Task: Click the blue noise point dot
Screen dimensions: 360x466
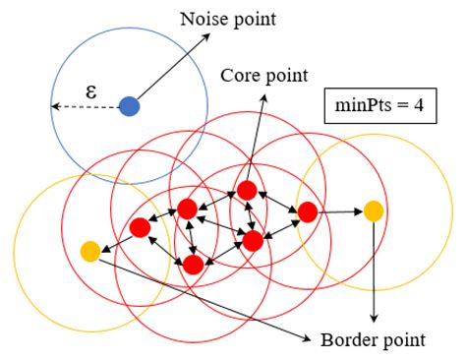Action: click(x=130, y=105)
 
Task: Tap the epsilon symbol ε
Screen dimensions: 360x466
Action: click(x=91, y=90)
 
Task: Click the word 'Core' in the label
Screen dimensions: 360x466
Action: click(x=241, y=75)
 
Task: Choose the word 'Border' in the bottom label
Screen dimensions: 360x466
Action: click(x=346, y=341)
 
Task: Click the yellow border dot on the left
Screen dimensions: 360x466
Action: click(x=90, y=252)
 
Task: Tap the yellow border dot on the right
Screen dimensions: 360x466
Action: click(x=374, y=210)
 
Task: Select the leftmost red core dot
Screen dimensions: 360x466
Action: click(x=140, y=227)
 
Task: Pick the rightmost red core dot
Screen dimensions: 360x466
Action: click(x=307, y=210)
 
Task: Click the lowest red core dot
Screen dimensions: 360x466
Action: click(x=193, y=264)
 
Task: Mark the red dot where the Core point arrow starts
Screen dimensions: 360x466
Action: click(x=247, y=190)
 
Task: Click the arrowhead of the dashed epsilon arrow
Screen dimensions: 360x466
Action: click(x=55, y=105)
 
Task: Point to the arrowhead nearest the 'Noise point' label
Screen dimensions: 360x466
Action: click(x=209, y=34)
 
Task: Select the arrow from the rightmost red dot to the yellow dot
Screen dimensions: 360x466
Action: click(x=340, y=210)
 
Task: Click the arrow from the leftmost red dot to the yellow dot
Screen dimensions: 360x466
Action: click(x=115, y=240)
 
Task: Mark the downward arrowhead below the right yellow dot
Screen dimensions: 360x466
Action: click(x=374, y=319)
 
